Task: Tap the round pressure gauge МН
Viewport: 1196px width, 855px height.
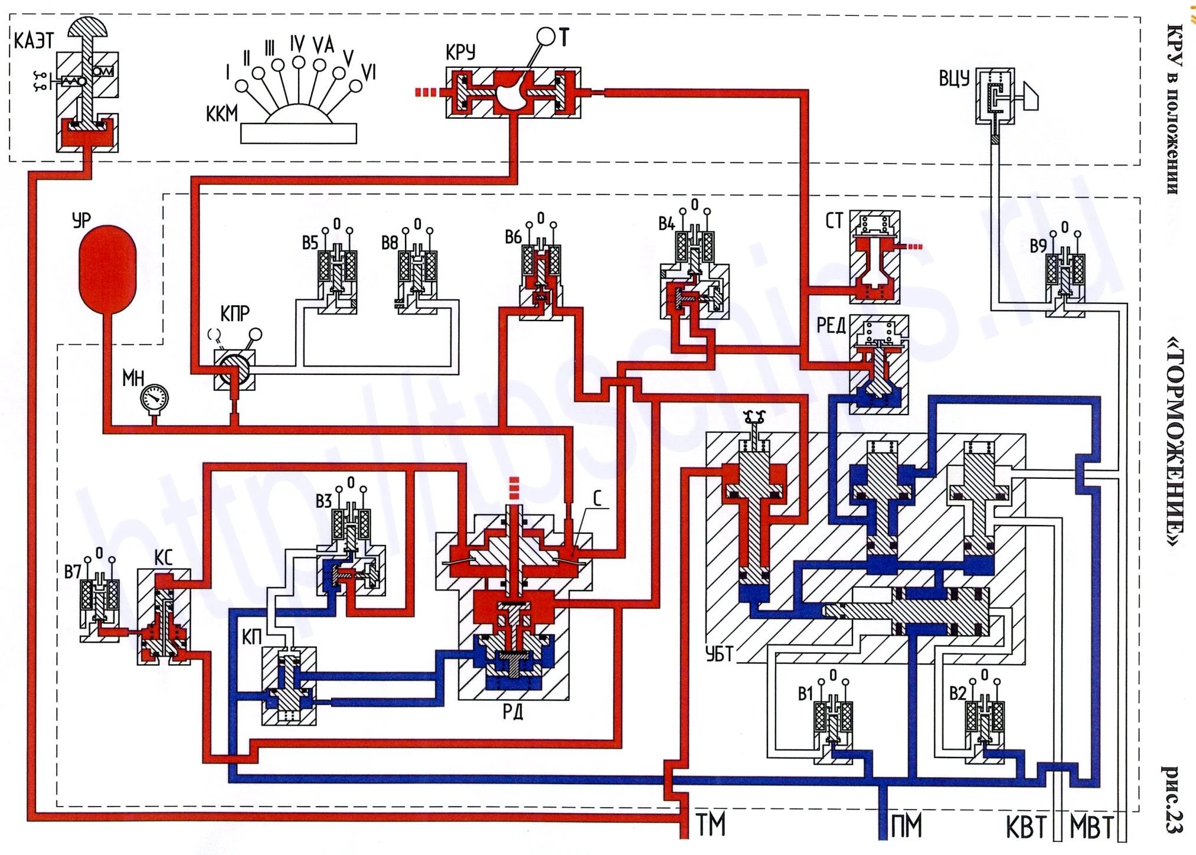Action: point(155,398)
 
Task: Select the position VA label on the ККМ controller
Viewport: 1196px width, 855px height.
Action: point(323,45)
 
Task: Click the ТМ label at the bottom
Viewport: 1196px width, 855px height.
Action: point(711,825)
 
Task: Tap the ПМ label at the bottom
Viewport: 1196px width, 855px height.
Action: point(907,825)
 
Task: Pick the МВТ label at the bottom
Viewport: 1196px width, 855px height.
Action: point(1092,827)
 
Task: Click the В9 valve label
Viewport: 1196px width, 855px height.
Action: point(1038,246)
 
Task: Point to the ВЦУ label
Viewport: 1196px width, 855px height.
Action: point(955,78)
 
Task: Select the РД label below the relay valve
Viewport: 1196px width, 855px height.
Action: point(513,712)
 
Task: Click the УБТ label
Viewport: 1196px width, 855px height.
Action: point(720,654)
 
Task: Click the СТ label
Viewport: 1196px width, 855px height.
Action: point(834,221)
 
